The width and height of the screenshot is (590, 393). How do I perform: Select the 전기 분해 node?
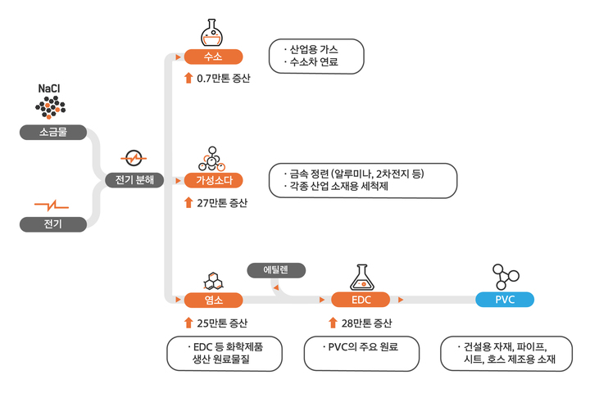point(134,179)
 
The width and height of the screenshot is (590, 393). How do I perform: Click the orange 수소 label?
point(213,56)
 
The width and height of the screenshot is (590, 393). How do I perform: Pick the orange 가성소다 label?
point(213,180)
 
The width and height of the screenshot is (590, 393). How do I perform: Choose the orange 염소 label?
point(213,300)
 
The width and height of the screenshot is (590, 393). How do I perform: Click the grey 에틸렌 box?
point(276,269)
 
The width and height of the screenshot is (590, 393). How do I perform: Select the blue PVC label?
point(505,300)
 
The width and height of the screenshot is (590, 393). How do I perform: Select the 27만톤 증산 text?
point(221,202)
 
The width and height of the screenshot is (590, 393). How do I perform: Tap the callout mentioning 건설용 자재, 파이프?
point(505,353)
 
